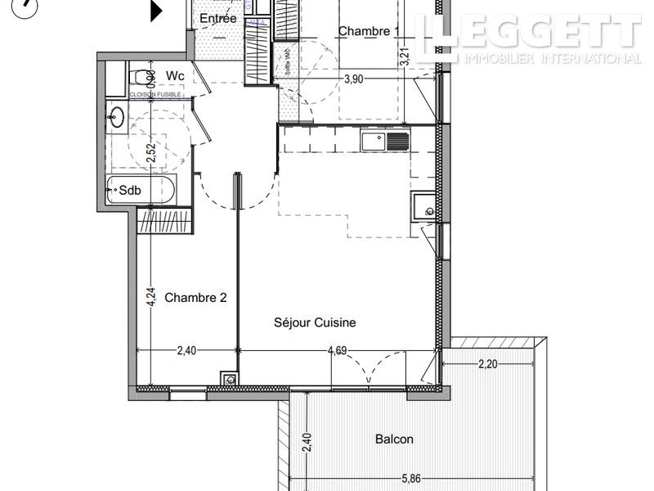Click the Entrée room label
[218, 18]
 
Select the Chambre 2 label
[195, 298]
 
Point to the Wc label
[175, 76]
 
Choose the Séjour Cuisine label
[315, 322]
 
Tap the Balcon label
[394, 439]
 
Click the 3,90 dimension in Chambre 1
[354, 79]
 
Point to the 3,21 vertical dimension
[404, 56]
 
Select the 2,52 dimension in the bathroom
[150, 153]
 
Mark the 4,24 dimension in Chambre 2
[150, 295]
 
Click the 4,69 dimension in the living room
[338, 351]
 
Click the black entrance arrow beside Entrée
[155, 11]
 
